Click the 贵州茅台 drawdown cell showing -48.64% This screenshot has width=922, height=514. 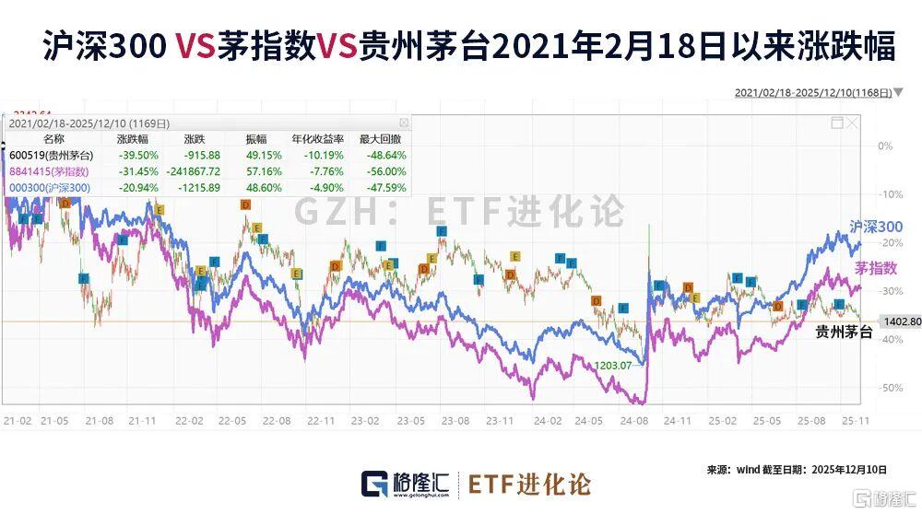pyautogui.click(x=386, y=155)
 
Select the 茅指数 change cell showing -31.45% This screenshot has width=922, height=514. pyautogui.click(x=138, y=170)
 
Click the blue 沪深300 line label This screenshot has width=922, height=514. pyautogui.click(x=875, y=227)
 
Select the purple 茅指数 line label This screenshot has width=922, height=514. pyautogui.click(x=875, y=268)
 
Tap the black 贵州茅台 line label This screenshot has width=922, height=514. pyautogui.click(x=845, y=333)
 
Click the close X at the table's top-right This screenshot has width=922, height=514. pyautogui.click(x=403, y=123)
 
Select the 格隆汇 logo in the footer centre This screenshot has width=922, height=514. pyautogui.click(x=404, y=484)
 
